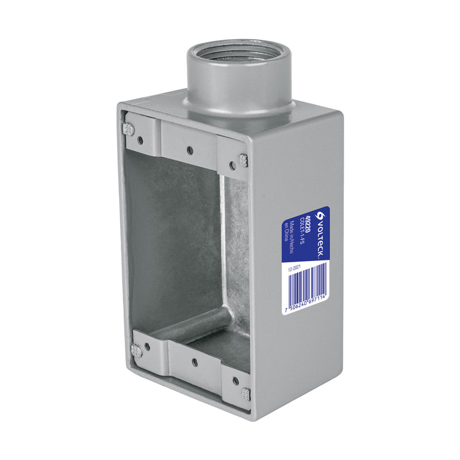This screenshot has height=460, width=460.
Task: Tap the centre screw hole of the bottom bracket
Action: click(194, 362)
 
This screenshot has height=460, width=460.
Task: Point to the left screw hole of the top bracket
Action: click(140, 138)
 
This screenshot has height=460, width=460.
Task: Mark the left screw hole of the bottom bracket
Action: click(147, 347)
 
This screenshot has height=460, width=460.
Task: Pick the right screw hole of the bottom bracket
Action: click(236, 380)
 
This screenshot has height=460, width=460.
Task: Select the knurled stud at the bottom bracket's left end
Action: click(136, 350)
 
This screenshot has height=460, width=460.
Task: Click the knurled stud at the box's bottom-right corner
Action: click(246, 394)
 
